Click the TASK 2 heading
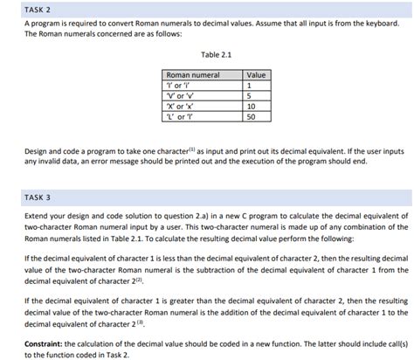tap(38, 10)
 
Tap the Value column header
tap(257, 76)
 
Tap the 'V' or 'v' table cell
tap(179, 96)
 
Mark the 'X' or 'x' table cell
tap(179, 106)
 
